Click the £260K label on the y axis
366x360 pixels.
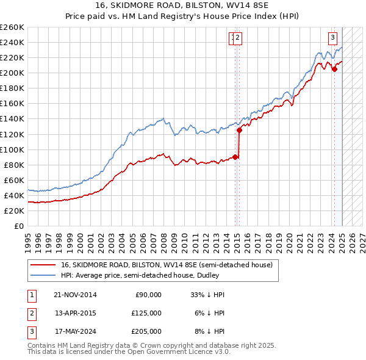click(x=12, y=27)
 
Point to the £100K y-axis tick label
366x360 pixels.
click(x=12, y=149)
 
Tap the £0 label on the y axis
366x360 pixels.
click(x=18, y=226)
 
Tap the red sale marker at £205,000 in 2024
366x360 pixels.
click(x=334, y=69)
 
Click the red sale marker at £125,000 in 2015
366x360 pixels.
click(x=239, y=130)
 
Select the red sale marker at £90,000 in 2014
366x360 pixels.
click(x=235, y=157)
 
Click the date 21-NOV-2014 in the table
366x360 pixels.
click(x=75, y=295)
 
